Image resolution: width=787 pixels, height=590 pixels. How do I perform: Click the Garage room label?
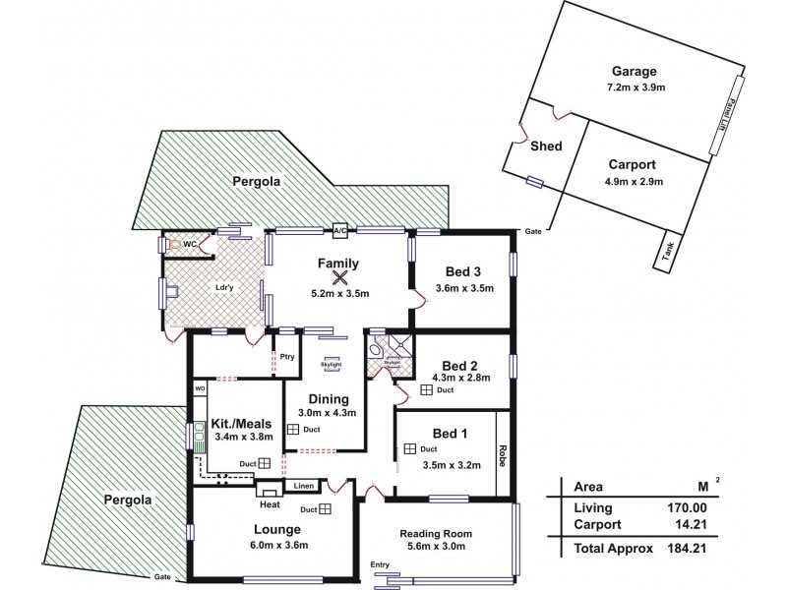[x=634, y=71]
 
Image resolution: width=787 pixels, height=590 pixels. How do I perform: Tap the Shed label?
[x=546, y=147]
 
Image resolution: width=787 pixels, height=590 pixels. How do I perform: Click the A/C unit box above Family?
[x=340, y=230]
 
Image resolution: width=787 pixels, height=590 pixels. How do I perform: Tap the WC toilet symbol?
[x=174, y=244]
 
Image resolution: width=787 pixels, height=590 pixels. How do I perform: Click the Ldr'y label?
[x=223, y=288]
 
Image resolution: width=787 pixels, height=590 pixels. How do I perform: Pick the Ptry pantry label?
[x=287, y=357]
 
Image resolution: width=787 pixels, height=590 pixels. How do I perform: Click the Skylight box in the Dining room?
[x=332, y=364]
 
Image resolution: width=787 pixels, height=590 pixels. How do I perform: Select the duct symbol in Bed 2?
[x=427, y=390]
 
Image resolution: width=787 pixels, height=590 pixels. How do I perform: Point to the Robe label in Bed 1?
[x=503, y=456]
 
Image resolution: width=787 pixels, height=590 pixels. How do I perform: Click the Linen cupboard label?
[x=302, y=486]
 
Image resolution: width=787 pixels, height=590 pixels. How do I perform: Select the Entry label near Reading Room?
[x=380, y=563]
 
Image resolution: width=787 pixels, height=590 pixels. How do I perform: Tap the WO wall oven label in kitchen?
[x=199, y=389]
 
